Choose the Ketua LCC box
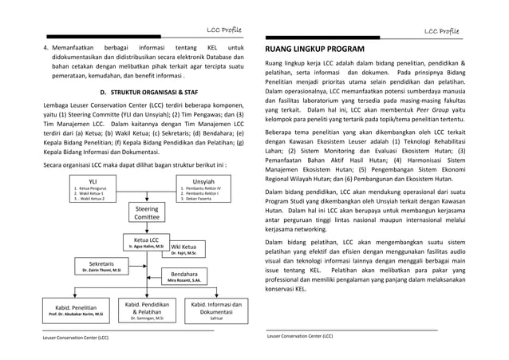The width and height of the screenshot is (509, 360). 145,243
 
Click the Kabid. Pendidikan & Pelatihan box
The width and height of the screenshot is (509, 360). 146,310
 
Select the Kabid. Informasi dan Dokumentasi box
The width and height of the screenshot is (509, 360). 215,310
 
